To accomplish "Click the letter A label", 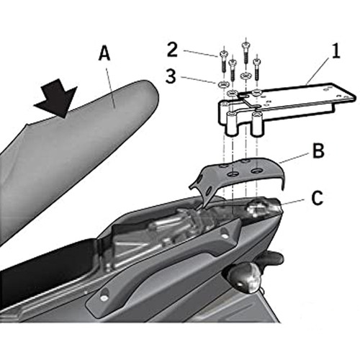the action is tap(104, 53).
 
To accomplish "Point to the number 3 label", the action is tap(171, 76).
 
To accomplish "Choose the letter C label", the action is tap(318, 198).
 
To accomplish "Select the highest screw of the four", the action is tap(245, 53).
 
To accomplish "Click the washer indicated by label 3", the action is tap(223, 84).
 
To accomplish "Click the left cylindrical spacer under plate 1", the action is tap(232, 124).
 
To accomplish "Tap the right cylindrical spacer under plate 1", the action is tap(257, 124).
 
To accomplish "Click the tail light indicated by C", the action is tap(262, 207).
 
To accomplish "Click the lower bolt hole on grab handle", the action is tap(104, 297).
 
